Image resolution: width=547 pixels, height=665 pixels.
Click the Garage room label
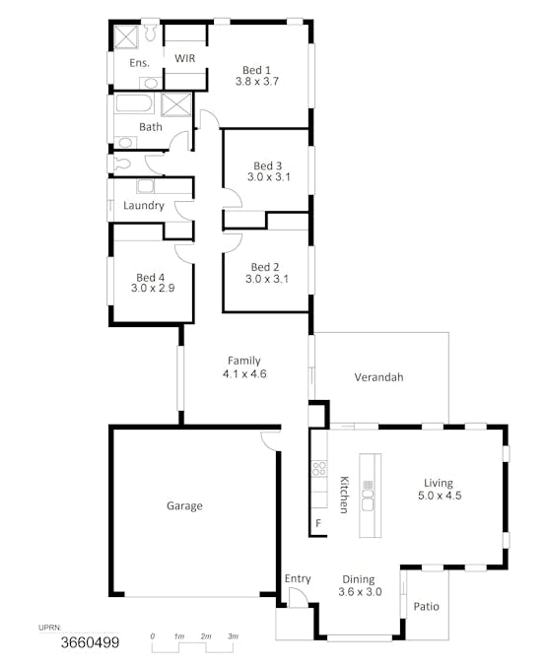coord(184,506)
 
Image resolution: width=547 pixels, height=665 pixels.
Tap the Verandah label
coord(379,377)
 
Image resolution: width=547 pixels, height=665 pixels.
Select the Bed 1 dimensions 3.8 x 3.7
coord(257,82)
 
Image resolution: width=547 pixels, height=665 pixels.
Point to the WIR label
coord(184,59)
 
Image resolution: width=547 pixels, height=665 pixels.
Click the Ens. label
coord(139,63)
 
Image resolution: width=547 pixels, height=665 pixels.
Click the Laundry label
coord(144,206)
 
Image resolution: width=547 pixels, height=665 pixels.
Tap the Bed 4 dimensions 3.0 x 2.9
coord(152,289)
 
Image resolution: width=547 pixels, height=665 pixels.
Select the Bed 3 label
coord(267,166)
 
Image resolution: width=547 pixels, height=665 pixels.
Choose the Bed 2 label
coord(265,267)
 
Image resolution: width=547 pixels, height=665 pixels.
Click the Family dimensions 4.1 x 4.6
coord(244,374)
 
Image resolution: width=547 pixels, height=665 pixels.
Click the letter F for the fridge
coord(318,522)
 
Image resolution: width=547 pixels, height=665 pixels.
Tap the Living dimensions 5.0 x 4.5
coord(439,496)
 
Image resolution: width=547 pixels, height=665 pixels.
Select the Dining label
coord(359,579)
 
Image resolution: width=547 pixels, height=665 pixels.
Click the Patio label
coord(427,607)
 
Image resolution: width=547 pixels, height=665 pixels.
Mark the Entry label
coord(297,579)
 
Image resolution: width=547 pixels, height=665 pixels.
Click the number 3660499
coord(90,643)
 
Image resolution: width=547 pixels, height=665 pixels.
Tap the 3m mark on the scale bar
coord(234,637)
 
